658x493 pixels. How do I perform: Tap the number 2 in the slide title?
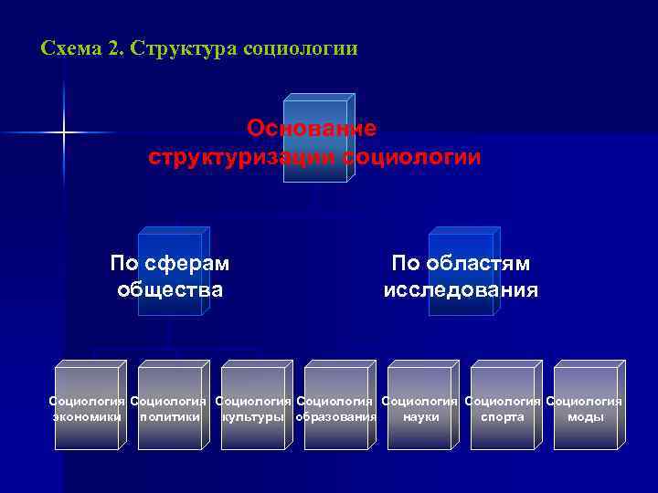(x=114, y=47)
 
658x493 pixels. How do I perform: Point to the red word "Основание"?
(x=312, y=128)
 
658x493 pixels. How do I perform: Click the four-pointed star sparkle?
(x=64, y=133)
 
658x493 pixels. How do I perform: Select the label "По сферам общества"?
(x=170, y=277)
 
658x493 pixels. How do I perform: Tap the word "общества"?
(x=170, y=290)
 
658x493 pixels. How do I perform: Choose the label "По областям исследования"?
(x=461, y=277)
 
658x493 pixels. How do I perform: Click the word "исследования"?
(x=461, y=290)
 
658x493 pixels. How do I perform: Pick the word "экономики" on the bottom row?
(x=87, y=417)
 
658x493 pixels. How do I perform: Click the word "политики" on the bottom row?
(x=169, y=417)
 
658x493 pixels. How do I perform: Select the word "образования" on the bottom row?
(x=336, y=417)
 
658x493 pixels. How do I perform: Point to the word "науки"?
(x=420, y=417)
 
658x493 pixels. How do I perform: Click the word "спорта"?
(x=503, y=417)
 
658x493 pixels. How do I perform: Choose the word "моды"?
(x=586, y=417)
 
